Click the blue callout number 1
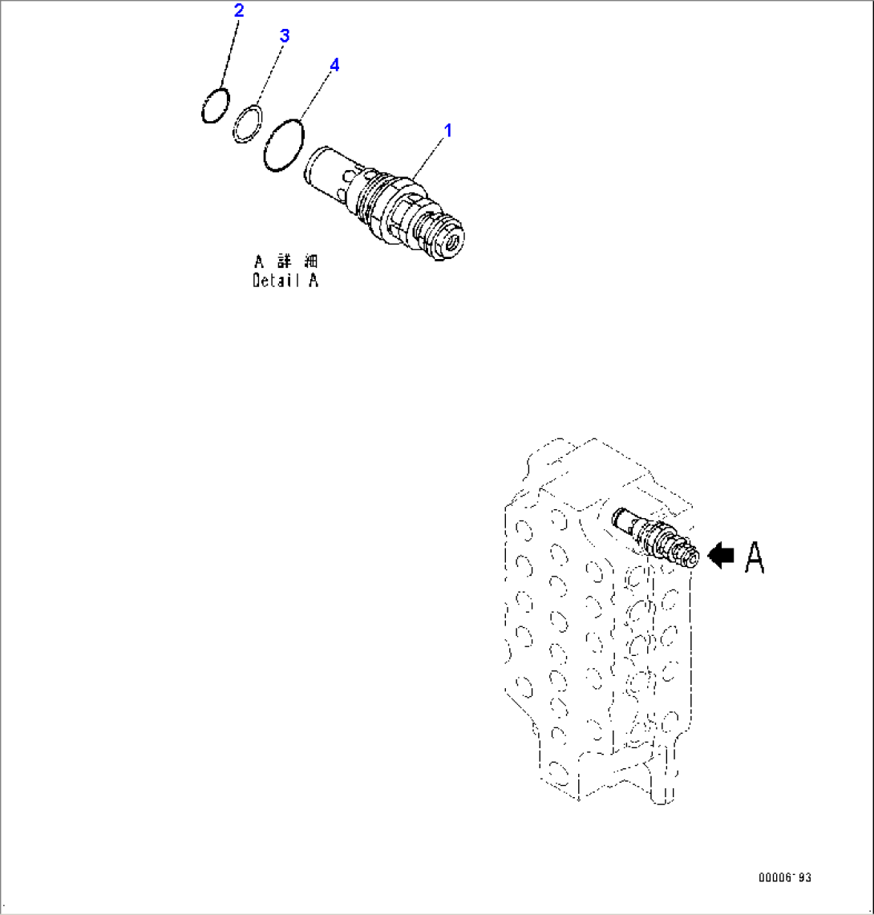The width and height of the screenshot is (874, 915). (x=447, y=130)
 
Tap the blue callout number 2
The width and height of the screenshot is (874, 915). (x=239, y=10)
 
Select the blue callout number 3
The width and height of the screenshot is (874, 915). (x=284, y=35)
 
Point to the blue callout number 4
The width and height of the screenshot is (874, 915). (x=334, y=65)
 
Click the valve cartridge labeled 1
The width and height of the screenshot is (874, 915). (x=385, y=203)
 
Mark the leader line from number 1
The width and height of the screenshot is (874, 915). (x=427, y=159)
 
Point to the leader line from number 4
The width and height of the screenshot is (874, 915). (x=317, y=96)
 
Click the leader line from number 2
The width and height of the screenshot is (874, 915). (x=229, y=54)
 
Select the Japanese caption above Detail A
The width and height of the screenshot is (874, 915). (x=286, y=261)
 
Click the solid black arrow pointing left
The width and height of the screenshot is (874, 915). (x=721, y=554)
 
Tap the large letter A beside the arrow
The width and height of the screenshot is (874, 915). (x=755, y=558)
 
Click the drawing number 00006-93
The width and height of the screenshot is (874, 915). (x=785, y=877)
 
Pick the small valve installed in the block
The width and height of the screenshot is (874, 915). (x=654, y=537)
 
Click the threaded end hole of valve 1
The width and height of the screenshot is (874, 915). (x=451, y=242)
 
